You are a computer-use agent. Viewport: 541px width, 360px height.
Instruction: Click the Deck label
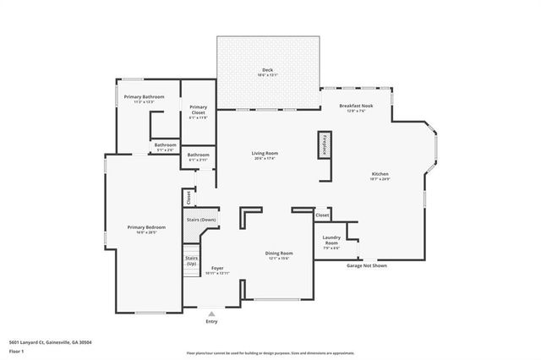pyautogui.click(x=267, y=72)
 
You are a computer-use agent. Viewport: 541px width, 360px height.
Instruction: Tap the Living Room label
pyautogui.click(x=265, y=155)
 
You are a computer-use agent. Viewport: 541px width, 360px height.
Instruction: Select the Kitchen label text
pyautogui.click(x=380, y=176)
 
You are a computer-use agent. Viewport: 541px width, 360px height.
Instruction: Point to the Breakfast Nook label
pyautogui.click(x=356, y=107)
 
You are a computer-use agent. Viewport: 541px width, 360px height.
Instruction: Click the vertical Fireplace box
pyautogui.click(x=323, y=145)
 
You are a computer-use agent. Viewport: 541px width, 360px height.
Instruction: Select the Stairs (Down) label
pyautogui.click(x=201, y=220)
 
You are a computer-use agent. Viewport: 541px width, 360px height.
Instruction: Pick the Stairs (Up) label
pyautogui.click(x=192, y=259)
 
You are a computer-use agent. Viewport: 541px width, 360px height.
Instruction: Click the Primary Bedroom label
pyautogui.click(x=146, y=229)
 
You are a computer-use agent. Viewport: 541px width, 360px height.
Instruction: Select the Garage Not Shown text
pyautogui.click(x=367, y=265)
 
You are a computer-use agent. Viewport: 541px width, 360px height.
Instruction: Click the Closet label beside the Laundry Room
pyautogui.click(x=322, y=215)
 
